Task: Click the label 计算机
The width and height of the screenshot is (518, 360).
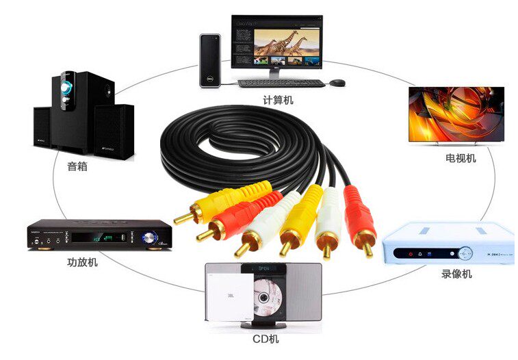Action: coord(278,101)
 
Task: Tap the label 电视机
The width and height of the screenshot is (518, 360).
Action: coord(460,158)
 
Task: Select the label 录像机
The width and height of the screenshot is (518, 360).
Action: coord(456,274)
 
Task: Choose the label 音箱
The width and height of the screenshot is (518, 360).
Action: coord(77,166)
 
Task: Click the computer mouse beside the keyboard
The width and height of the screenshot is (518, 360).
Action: coord(337,83)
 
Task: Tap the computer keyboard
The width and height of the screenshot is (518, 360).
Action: coord(281,83)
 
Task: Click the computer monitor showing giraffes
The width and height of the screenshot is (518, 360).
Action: coord(276,42)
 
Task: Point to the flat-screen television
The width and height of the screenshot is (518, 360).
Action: coord(456,114)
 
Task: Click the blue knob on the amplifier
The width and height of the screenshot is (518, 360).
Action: coord(149,237)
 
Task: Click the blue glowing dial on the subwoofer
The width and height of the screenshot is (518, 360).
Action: coord(68,88)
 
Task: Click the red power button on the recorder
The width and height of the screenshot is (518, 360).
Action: coord(411,253)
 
